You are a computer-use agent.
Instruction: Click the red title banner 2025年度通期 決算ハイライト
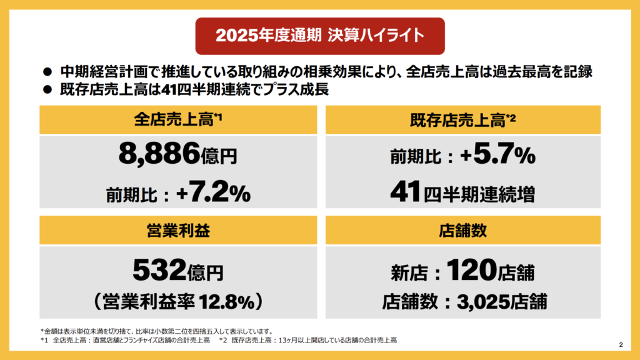[x=320, y=36]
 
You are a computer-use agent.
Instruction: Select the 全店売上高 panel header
[x=178, y=119]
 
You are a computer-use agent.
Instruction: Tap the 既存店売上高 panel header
[x=463, y=119]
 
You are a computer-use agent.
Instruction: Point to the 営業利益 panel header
[x=178, y=230]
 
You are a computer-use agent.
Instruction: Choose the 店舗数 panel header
[x=463, y=230]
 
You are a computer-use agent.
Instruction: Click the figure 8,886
[x=159, y=154]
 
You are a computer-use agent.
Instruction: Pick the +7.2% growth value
[x=214, y=192]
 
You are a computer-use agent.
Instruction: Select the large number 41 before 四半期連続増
[x=405, y=192]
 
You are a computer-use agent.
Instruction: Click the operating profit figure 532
[x=159, y=270]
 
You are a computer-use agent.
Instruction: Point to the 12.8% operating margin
[x=226, y=302]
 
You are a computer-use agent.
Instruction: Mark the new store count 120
[x=471, y=270]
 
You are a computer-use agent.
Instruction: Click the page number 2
[x=621, y=345]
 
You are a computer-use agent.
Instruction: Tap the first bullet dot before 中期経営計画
[x=47, y=72]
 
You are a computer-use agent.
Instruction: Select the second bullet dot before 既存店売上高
[x=47, y=89]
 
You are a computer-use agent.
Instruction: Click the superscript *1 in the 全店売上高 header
[x=218, y=117]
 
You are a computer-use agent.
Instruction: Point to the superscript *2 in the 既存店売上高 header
[x=511, y=117]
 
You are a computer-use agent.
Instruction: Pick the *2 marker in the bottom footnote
[x=223, y=341]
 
